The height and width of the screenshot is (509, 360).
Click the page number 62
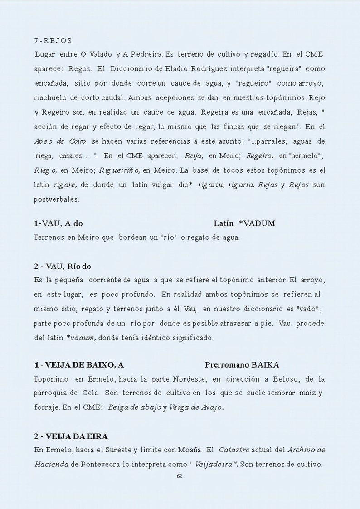180,476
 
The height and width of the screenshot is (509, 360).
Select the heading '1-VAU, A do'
58,223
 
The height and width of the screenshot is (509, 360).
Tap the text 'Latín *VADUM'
244,223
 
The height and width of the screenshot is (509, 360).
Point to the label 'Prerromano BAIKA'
242,365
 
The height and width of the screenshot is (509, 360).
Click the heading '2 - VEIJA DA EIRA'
71,436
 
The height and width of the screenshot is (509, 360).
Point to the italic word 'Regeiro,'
259,156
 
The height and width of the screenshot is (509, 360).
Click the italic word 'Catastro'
234,451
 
